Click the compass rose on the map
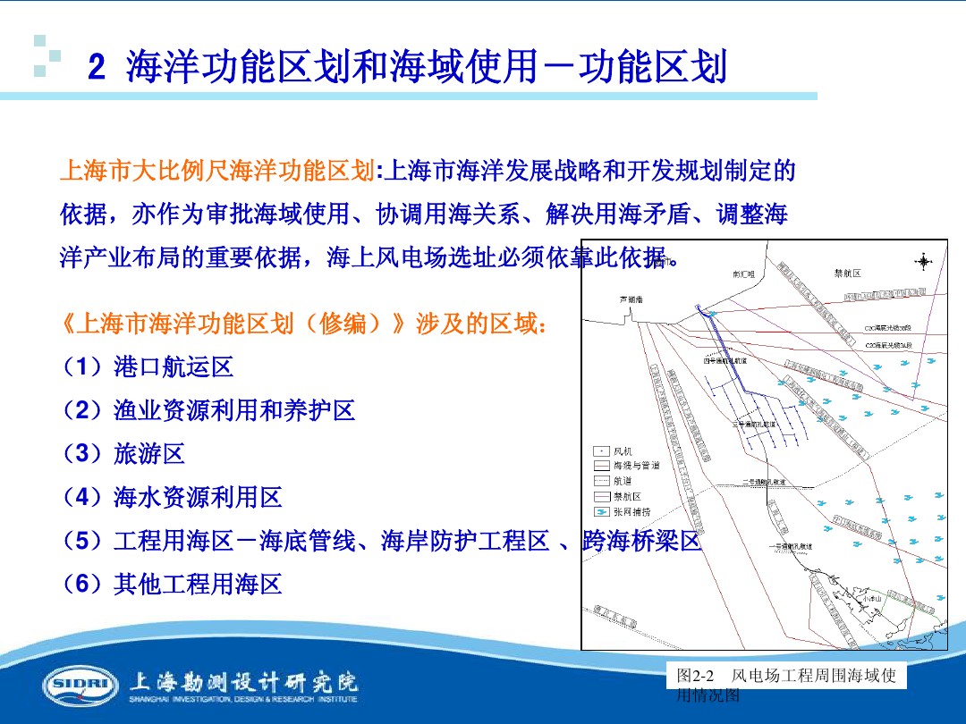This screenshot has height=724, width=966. pos(922,261)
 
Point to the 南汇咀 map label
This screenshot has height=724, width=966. pos(744,275)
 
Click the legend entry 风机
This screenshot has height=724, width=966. pos(624,451)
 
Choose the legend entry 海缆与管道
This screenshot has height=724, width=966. pos(636,466)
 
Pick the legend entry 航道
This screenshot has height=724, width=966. pos(623,480)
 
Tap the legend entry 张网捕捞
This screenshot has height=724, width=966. pos(631,511)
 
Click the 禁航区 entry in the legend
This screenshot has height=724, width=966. pos(627,496)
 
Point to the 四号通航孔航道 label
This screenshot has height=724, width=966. pos(725,361)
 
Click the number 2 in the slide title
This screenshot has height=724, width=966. pos(97,69)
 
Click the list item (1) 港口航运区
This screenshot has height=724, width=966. pos(147,366)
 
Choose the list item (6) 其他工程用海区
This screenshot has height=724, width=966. pos(171,585)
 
